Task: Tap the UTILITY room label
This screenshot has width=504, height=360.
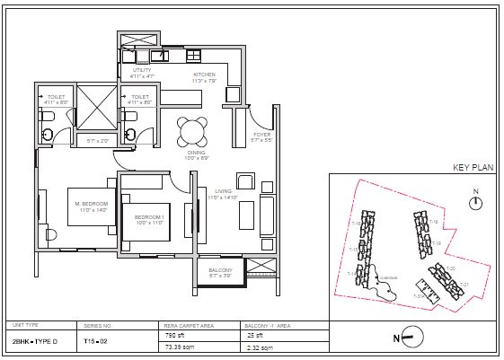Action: point(142,69)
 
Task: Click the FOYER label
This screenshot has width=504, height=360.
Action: point(262,135)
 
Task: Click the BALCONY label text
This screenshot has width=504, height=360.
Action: point(220,270)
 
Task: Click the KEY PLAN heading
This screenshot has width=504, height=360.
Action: point(474,168)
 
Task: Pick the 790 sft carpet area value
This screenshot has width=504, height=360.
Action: point(172,335)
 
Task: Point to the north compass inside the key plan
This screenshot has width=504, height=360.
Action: point(477,204)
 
